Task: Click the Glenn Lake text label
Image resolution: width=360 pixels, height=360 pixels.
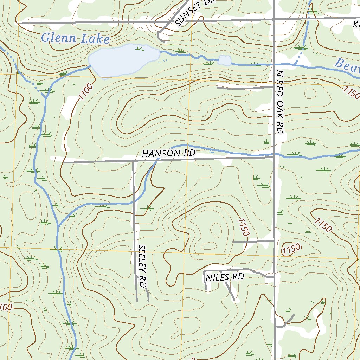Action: [x=75, y=38]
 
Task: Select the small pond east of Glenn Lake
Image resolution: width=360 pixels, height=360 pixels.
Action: [x=225, y=60]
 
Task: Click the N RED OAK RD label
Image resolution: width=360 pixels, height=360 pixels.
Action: [x=280, y=102]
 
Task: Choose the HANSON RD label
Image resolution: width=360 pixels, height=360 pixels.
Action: [x=168, y=153]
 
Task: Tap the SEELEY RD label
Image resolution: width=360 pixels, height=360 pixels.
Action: [x=142, y=266]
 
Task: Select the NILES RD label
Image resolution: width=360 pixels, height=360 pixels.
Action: [x=225, y=277]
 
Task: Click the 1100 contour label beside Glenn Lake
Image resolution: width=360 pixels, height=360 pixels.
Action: [x=86, y=91]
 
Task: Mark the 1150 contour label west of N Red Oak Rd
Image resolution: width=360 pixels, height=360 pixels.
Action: [x=243, y=227]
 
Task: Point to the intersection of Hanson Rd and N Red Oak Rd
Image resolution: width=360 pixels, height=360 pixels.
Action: [x=274, y=157]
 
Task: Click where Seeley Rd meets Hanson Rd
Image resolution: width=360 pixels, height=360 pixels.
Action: [x=133, y=162]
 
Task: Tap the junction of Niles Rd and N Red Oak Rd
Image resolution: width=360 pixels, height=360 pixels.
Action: [x=274, y=277]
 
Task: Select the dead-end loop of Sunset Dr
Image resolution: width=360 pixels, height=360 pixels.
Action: [x=160, y=37]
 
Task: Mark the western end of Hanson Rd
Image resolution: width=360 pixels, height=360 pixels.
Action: [x=63, y=163]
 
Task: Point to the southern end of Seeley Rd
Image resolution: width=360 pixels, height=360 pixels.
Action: [x=136, y=301]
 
